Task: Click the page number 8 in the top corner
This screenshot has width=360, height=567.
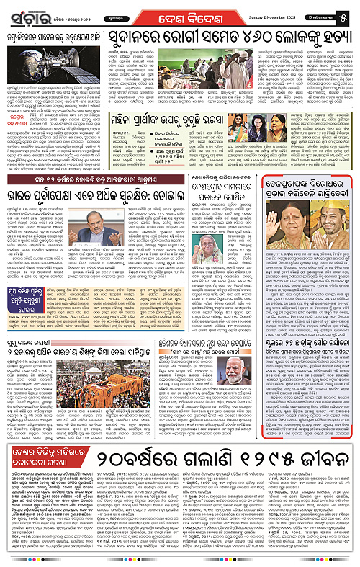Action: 349,12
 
